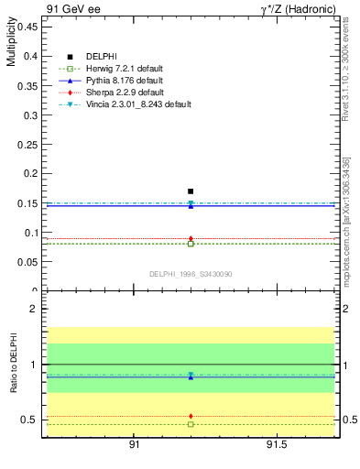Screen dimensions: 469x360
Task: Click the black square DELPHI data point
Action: (191, 191)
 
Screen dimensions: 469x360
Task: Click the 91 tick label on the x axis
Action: (134, 446)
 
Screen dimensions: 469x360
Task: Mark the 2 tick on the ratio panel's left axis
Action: (32, 310)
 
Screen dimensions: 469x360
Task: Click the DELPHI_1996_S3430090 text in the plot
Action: (190, 274)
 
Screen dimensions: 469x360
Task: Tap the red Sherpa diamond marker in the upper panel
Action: (191, 239)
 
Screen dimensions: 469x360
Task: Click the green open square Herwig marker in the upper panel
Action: (191, 244)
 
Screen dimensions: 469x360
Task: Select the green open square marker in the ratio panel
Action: (191, 424)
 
